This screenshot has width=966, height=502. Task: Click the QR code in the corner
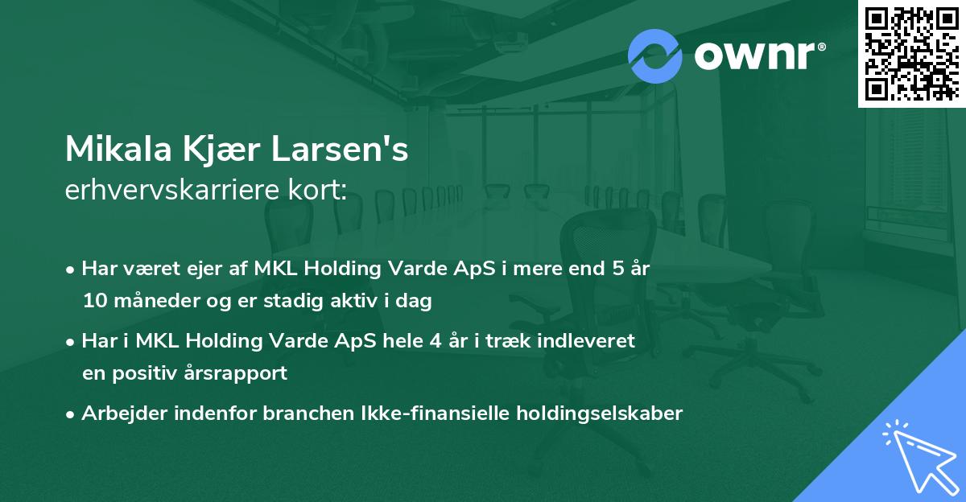click(911, 53)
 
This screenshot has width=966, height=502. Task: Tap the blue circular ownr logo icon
click(654, 55)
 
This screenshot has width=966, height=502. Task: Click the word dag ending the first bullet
click(415, 302)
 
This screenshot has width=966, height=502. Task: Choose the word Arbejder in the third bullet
click(118, 414)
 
